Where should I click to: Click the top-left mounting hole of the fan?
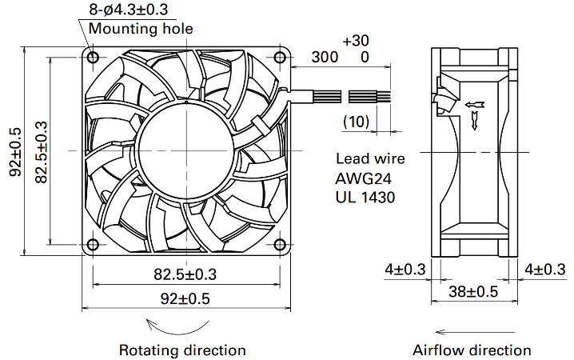pyautogui.click(x=93, y=57)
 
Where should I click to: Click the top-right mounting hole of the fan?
pyautogui.click(x=280, y=57)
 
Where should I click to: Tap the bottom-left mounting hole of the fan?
pyautogui.click(x=93, y=244)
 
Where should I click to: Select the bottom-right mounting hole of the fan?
pyautogui.click(x=280, y=244)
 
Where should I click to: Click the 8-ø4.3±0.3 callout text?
pyautogui.click(x=129, y=10)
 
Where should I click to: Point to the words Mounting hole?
pyautogui.click(x=141, y=29)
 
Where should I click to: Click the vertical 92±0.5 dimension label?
pyautogui.click(x=15, y=152)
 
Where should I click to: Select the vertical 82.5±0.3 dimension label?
pyautogui.click(x=42, y=152)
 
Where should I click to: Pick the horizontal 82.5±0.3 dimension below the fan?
pyautogui.click(x=185, y=274)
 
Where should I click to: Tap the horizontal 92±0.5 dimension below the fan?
pyautogui.click(x=185, y=299)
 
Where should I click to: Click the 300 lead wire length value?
pyautogui.click(x=325, y=57)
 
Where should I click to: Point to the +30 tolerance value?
pyautogui.click(x=356, y=40)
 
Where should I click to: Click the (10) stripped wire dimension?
pyautogui.click(x=357, y=122)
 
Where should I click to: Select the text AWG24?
pyautogui.click(x=363, y=178)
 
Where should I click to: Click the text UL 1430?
pyautogui.click(x=365, y=198)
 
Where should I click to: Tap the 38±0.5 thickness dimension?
pyautogui.click(x=473, y=292)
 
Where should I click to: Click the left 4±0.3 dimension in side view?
pyautogui.click(x=405, y=270)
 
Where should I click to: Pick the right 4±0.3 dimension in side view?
pyautogui.click(x=545, y=270)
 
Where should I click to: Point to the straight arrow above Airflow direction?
pyautogui.click(x=475, y=332)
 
